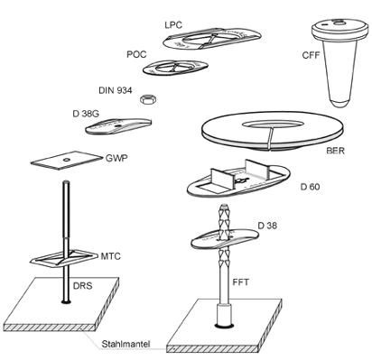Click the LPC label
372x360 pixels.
pos(173,24)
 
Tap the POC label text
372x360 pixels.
pos(136,54)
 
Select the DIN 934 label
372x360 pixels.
pos(116,90)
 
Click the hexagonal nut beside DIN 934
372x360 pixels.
pos(148,99)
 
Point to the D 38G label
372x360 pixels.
pos(86,114)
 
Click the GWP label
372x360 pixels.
pos(116,158)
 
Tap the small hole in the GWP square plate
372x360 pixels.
pos(66,160)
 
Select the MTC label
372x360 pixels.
pos(110,256)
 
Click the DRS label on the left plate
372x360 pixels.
pos(83,285)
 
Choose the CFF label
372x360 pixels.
pos(312,55)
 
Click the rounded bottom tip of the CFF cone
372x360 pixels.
pos(339,104)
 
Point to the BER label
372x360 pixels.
pos(335,150)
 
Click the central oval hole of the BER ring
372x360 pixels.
pos(273,124)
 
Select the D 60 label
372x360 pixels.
pos(310,187)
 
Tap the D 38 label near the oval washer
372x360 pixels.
pos(267,226)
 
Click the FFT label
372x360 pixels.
pos(241,282)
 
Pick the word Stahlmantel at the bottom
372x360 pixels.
pos(126,344)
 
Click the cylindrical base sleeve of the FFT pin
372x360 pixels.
pos(224,315)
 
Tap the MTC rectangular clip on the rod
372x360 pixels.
pos(64,258)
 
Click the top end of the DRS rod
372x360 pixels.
pos(66,181)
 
